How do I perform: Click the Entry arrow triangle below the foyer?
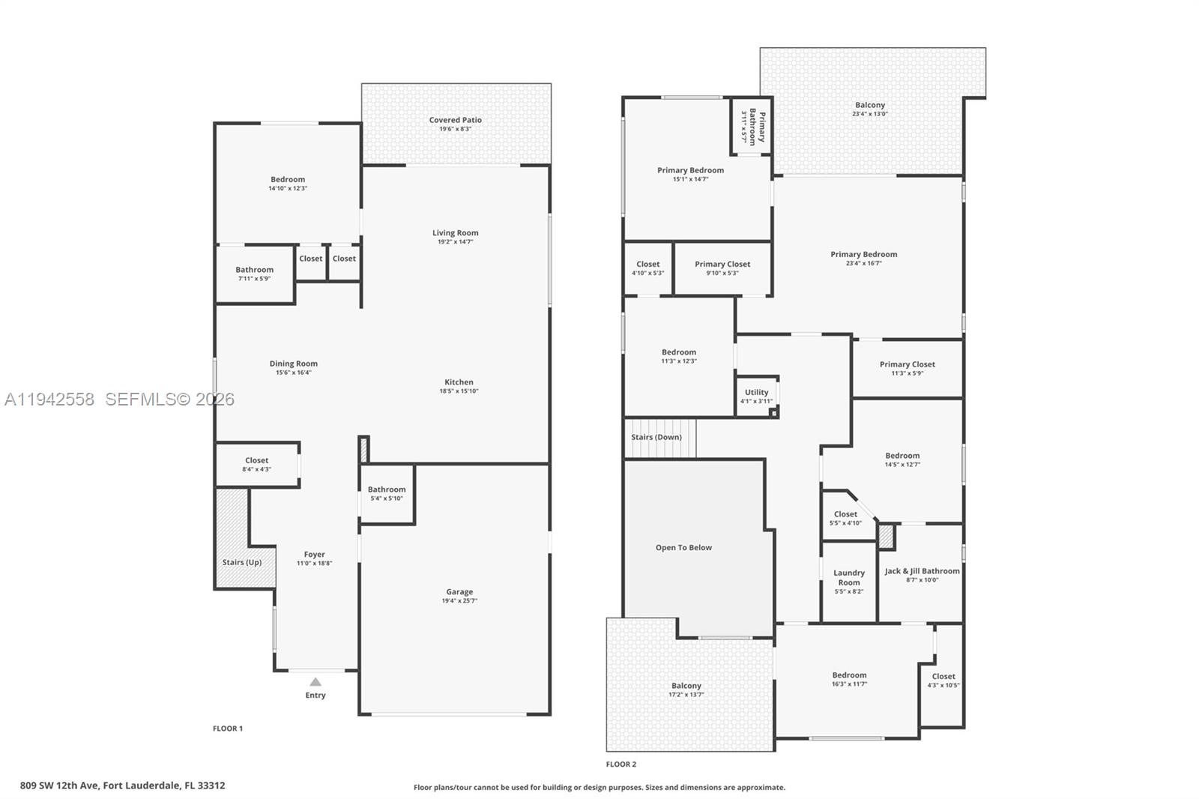315,682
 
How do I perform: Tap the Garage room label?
459,591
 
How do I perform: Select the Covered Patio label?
455,120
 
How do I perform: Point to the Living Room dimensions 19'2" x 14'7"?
455,242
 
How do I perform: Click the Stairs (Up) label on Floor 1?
242,562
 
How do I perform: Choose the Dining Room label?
293,364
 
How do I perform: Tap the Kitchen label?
459,382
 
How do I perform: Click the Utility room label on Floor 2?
756,392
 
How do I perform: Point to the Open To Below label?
683,547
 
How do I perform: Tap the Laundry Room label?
849,577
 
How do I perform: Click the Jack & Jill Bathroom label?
922,571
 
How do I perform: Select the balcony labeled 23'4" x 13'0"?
869,109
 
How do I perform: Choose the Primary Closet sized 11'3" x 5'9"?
907,368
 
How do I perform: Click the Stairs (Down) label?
656,437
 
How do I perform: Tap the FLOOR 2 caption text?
620,765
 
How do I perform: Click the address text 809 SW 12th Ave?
122,786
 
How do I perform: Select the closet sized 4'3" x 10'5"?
943,680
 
